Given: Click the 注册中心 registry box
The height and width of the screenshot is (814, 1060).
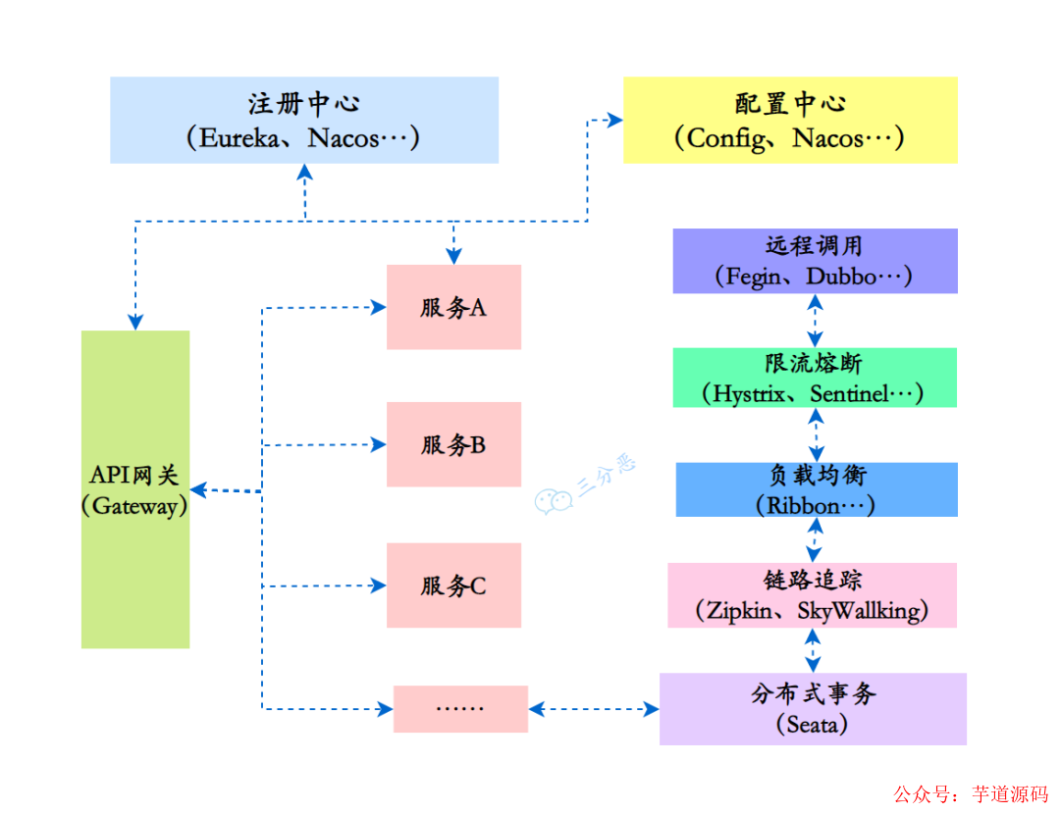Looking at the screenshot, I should coord(304,120).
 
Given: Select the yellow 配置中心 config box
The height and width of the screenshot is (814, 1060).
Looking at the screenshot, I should coord(790,120).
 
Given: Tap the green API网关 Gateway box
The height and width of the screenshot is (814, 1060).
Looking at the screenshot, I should coord(134,488).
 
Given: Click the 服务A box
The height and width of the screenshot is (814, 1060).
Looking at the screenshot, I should coord(453,307).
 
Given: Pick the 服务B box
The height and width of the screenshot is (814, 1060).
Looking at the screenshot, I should coord(453,444).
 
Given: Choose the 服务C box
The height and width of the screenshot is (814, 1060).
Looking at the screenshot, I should coord(453,585).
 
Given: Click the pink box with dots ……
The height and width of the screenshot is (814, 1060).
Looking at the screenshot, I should coord(460,708).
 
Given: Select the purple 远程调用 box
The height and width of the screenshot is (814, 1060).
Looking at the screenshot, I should coord(815,261).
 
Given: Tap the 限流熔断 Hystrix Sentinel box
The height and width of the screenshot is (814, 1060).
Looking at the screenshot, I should coord(815,378).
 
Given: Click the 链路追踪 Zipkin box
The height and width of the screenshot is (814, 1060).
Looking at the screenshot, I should coord(813,595).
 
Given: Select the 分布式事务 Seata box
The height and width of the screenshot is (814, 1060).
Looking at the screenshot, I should coord(813,708).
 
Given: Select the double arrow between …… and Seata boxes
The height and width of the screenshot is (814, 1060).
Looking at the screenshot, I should coord(593,707).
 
